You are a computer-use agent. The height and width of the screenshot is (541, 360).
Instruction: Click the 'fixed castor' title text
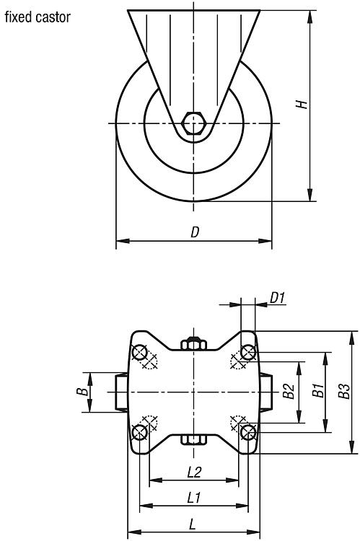[38, 17]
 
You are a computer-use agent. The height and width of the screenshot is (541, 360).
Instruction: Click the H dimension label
[302, 104]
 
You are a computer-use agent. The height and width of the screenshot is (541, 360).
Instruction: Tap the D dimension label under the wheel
[195, 232]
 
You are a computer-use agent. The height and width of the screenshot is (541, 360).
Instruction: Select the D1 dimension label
[278, 297]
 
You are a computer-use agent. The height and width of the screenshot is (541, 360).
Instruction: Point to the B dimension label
[82, 392]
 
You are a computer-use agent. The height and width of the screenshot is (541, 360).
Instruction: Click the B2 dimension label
[289, 391]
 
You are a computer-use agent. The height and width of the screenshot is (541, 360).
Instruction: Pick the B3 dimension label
[344, 391]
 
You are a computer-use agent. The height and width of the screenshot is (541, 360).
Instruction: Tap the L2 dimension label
[194, 472]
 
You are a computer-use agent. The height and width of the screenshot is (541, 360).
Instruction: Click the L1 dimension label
[193, 498]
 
